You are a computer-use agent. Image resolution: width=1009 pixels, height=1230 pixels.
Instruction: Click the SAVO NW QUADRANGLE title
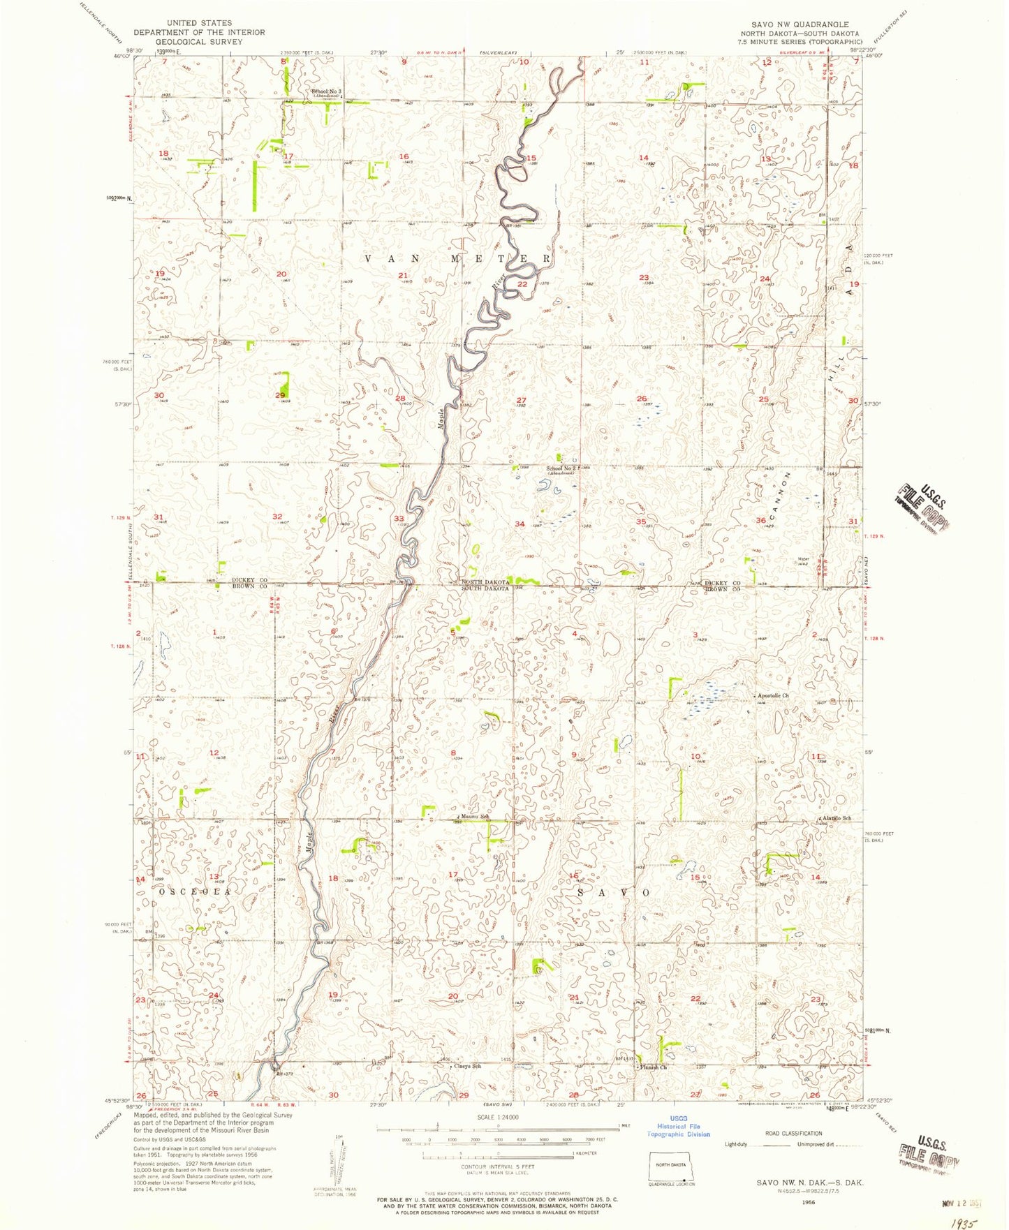coord(800,24)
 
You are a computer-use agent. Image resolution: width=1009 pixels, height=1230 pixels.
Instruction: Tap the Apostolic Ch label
coord(774,696)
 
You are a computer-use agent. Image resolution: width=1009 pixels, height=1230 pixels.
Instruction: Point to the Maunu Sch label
coord(475,816)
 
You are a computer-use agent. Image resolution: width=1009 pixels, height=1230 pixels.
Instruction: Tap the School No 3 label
coord(326,91)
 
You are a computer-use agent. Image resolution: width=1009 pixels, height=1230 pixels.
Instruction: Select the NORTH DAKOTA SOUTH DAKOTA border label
coord(485,585)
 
